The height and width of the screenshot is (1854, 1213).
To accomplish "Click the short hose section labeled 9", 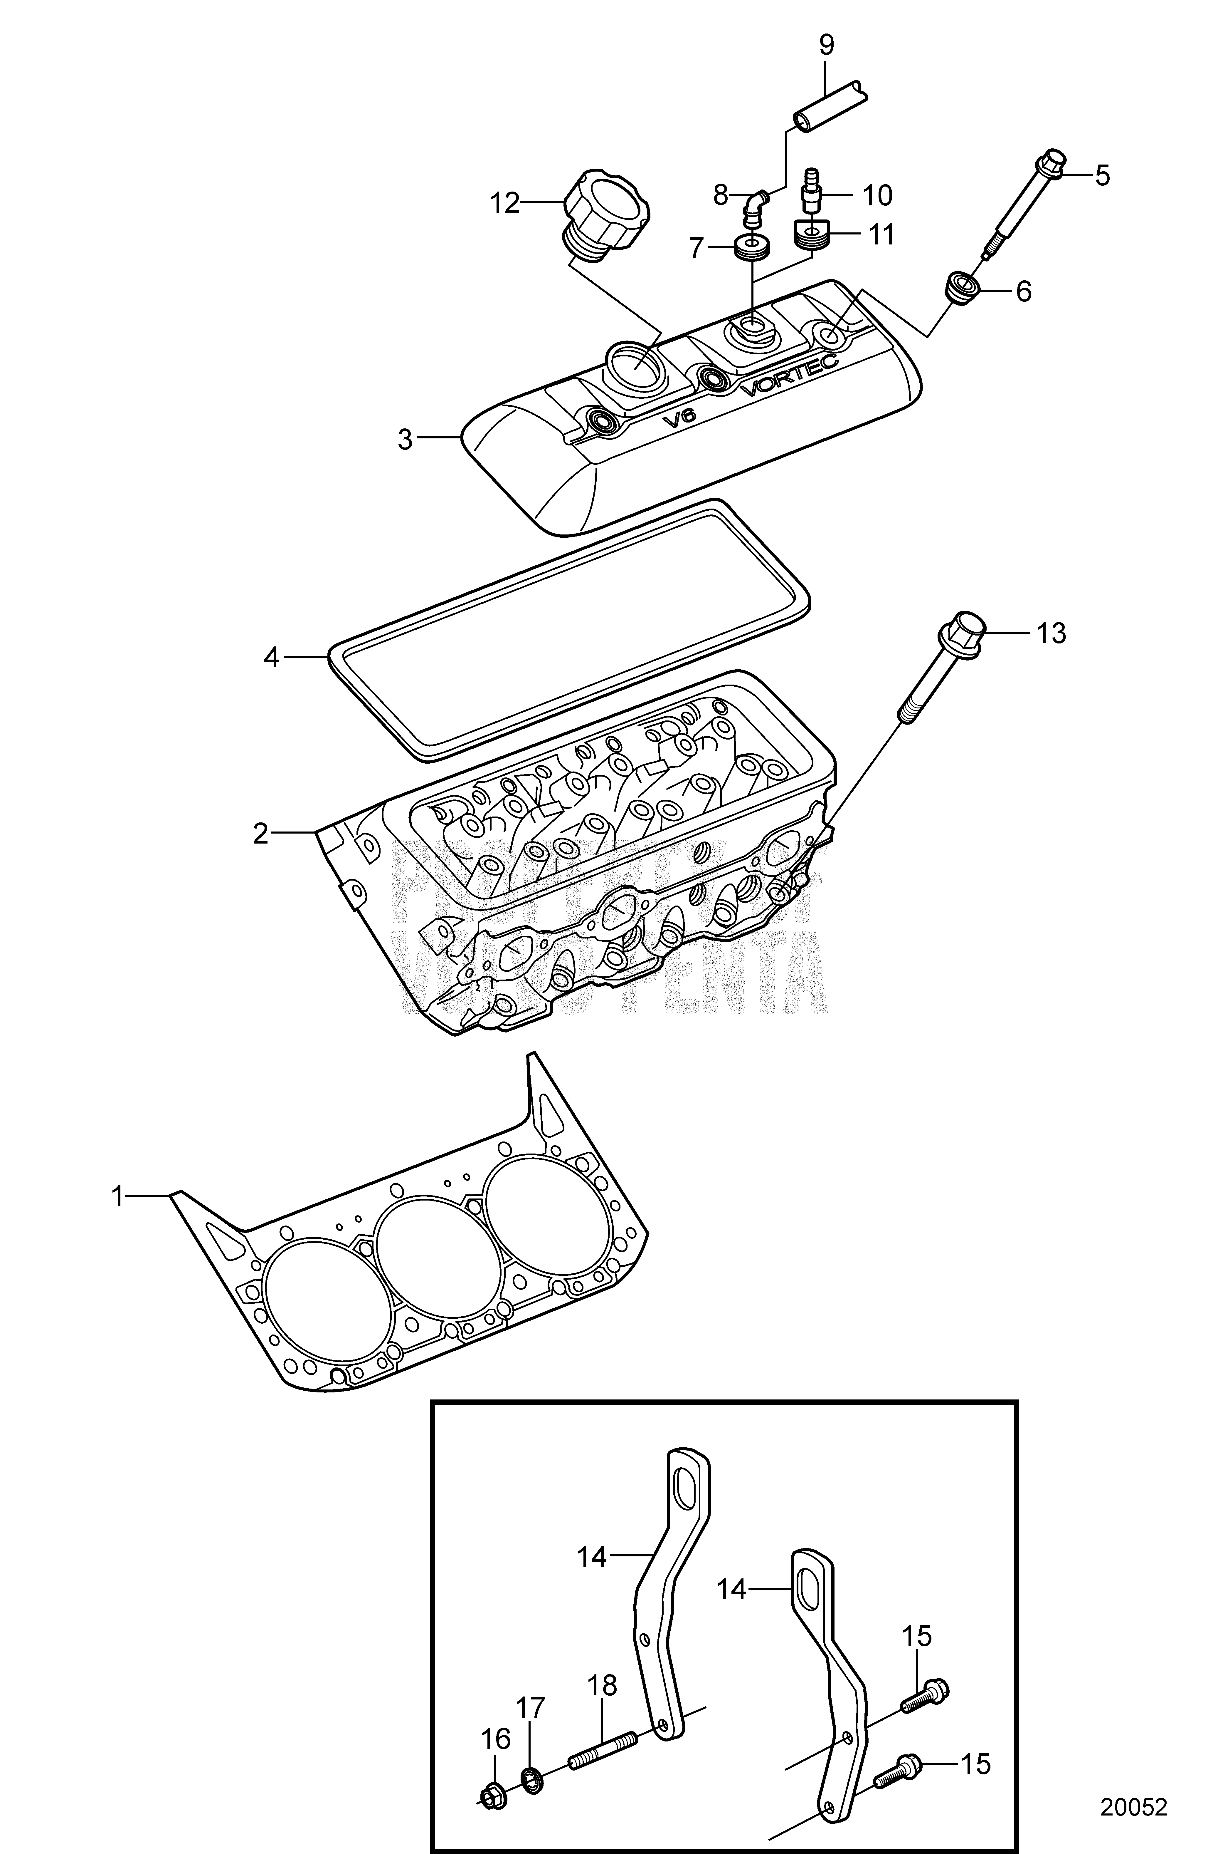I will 831,104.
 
